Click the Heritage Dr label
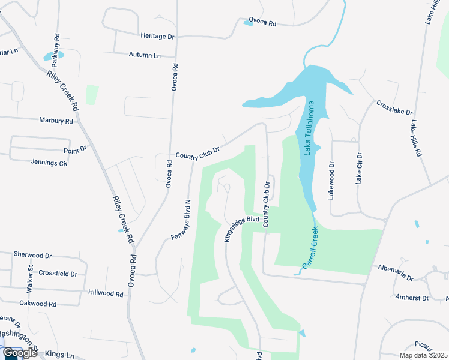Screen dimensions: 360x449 [x=157, y=37]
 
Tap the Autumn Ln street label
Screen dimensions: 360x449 [x=145, y=55]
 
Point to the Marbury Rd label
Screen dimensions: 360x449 [x=56, y=121]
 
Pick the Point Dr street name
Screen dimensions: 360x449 [x=75, y=149]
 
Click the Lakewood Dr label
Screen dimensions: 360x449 [x=331, y=179]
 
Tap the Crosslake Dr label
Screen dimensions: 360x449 [x=394, y=108]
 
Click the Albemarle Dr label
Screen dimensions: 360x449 [x=397, y=274]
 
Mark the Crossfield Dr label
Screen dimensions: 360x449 [x=58, y=274]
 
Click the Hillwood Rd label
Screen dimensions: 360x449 [x=105, y=295]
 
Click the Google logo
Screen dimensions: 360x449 [x=19, y=353]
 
